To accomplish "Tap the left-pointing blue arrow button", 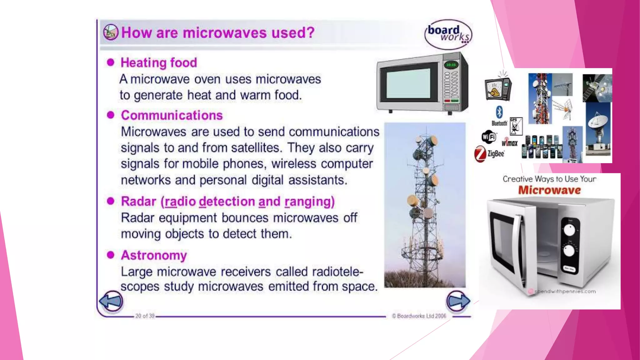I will (x=111, y=301).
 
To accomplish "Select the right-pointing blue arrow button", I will (x=458, y=301).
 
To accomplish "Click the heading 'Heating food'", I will (x=159, y=63).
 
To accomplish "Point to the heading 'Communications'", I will (x=172, y=115).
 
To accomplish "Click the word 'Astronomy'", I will (x=154, y=255).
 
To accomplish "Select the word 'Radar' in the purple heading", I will (x=138, y=202).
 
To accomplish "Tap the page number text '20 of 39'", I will (x=145, y=316).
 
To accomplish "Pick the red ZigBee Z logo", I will (x=480, y=154).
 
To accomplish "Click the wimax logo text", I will (x=510, y=142).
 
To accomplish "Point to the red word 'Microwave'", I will (x=549, y=190).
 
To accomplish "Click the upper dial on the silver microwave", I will (x=569, y=230).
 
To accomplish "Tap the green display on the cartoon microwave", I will (x=451, y=65).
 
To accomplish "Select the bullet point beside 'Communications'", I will (x=111, y=115).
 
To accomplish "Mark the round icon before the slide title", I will (x=111, y=32).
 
